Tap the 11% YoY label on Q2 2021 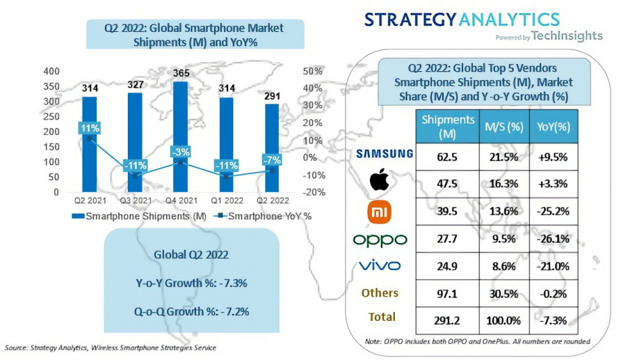point(89,129)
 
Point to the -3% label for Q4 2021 point(180,152)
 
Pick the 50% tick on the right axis point(312,71)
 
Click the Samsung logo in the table point(385,153)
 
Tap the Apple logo point(380,182)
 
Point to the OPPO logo point(380,239)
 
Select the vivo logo point(380,265)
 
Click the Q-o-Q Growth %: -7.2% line point(192,312)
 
